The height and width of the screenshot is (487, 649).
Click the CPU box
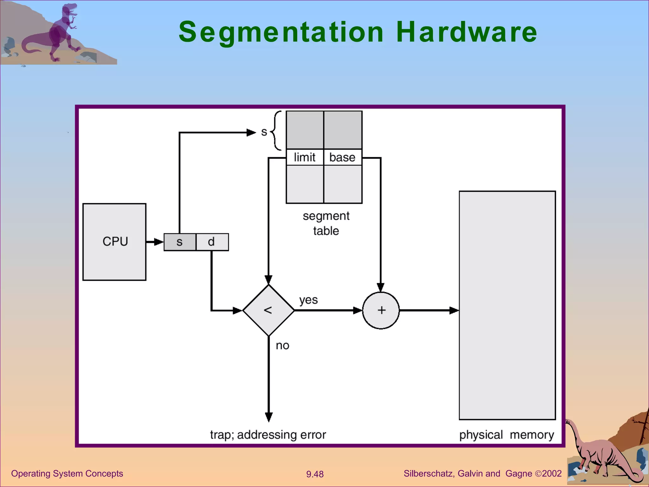[114, 242]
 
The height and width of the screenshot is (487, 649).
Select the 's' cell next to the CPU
[180, 242]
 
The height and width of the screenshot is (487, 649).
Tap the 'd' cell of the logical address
[212, 242]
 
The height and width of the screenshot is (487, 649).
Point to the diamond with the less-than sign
[268, 310]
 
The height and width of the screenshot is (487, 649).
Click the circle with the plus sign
[381, 310]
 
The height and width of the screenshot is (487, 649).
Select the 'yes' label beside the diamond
[308, 300]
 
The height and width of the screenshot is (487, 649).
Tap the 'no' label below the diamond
[282, 346]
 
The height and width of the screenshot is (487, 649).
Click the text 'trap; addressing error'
[268, 435]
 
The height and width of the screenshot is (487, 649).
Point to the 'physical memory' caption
[506, 435]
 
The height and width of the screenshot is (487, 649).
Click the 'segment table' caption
[326, 223]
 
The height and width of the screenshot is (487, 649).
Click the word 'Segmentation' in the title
[281, 32]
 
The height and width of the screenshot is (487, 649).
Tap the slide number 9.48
[315, 474]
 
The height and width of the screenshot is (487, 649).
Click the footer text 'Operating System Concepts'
[67, 473]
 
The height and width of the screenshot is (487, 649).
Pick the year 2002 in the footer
[552, 473]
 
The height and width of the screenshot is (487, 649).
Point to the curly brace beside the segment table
[276, 131]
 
